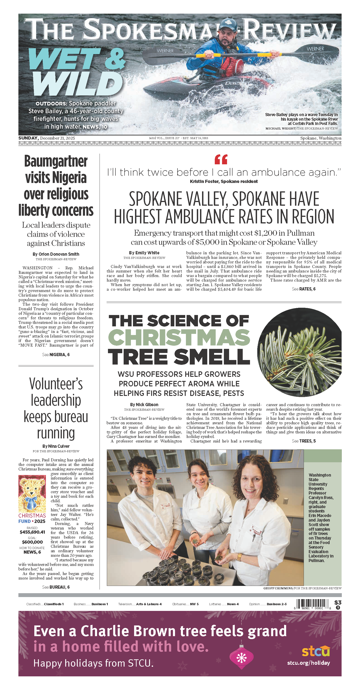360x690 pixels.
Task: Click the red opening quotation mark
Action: [221, 159]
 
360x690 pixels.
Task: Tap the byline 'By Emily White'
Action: [144, 253]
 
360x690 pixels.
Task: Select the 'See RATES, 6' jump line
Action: [303, 289]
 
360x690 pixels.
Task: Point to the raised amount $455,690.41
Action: [32, 532]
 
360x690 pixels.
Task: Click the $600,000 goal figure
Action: [32, 542]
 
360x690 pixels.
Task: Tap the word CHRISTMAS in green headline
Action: [179, 337]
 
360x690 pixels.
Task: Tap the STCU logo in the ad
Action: [316, 651]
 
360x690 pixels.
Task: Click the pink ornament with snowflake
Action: [241, 657]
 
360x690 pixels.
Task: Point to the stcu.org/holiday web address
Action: [308, 663]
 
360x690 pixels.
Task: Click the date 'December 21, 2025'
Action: [57, 138]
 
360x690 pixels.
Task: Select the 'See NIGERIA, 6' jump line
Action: [56, 355]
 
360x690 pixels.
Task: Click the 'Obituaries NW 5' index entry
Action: [185, 604]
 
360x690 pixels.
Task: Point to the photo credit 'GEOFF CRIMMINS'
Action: [278, 588]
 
